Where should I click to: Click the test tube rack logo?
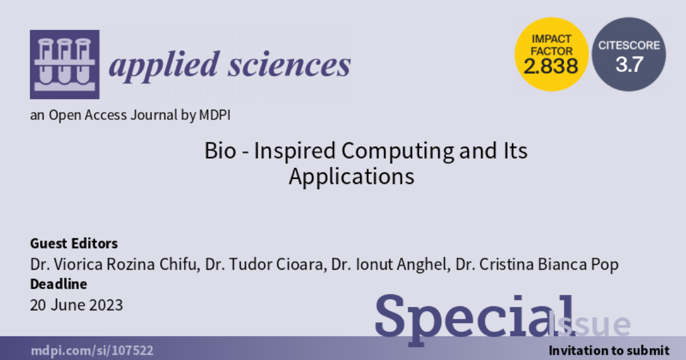click(64, 64)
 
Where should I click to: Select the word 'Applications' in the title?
click(351, 177)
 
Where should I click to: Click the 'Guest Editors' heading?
click(74, 243)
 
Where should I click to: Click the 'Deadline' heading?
click(58, 284)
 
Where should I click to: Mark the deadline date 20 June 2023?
click(76, 305)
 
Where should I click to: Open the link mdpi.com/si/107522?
click(91, 350)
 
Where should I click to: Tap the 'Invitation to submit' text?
click(608, 350)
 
